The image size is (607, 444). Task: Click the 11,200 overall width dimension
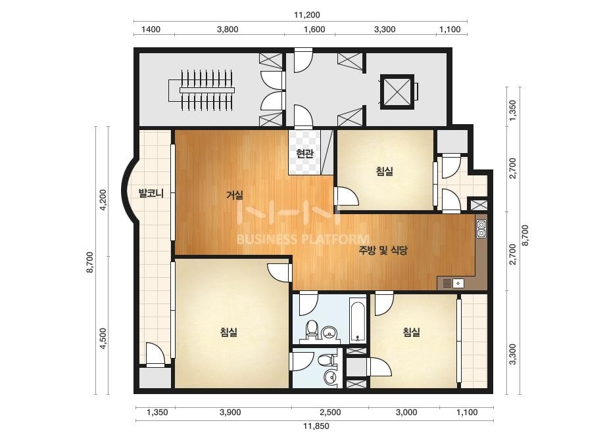[307, 15]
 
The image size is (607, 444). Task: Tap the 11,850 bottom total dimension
[316, 426]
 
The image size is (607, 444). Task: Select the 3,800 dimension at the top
[228, 30]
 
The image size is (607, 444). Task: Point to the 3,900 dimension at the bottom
[230, 412]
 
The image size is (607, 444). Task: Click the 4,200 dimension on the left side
[103, 200]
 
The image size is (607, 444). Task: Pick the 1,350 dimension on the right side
[512, 110]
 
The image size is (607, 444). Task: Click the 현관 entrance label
[304, 154]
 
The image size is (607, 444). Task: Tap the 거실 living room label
[235, 195]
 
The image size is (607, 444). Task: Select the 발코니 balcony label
[151, 193]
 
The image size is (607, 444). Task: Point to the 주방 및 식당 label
[383, 251]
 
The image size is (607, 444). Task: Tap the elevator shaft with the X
[397, 92]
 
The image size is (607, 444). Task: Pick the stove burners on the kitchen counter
[481, 229]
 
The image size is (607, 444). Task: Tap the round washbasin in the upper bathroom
[329, 332]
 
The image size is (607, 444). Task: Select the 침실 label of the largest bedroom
[228, 332]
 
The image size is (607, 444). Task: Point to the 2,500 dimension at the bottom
[330, 412]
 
